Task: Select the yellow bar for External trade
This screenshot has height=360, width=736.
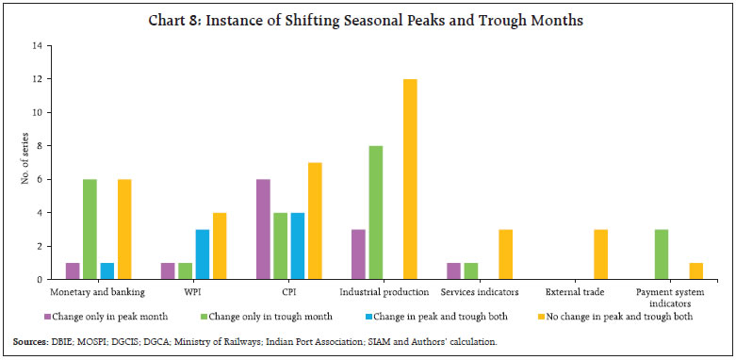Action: click(600, 254)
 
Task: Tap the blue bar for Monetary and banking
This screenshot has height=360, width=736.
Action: click(107, 271)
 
